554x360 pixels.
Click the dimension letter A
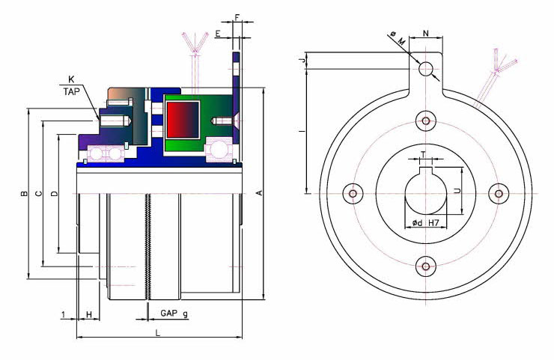tap(260, 193)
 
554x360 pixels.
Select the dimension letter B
tap(24, 193)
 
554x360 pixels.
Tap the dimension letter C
tap(39, 193)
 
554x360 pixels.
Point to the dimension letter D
tap(54, 193)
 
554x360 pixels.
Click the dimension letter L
tap(158, 332)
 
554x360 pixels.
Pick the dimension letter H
tap(89, 314)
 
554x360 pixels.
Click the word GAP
tap(169, 313)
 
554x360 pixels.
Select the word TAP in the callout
tap(72, 92)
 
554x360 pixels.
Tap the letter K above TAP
tap(71, 80)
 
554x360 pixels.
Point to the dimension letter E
tap(218, 34)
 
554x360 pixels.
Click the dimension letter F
tap(237, 17)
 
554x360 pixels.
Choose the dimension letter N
tap(426, 34)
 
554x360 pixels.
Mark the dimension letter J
tap(302, 61)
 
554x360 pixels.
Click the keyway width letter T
tap(423, 155)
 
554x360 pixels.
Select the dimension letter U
tap(457, 191)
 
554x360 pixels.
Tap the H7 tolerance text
tap(434, 223)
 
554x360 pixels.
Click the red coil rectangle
tap(183, 120)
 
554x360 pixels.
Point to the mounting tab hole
tap(426, 69)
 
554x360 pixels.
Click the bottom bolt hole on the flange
tap(426, 266)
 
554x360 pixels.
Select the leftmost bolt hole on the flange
tap(353, 194)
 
